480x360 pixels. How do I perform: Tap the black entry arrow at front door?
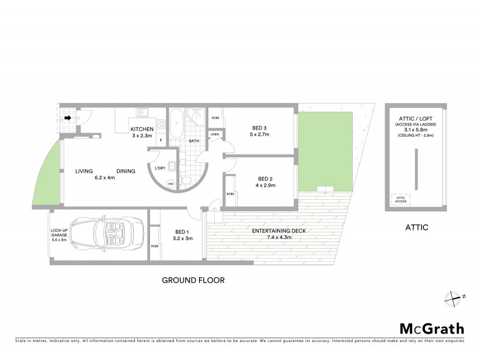click(x=68, y=118)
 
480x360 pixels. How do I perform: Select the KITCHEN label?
click(x=142, y=130)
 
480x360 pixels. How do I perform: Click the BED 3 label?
click(x=259, y=128)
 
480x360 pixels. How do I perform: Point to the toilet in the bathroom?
click(x=186, y=180)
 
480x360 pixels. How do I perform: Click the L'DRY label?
click(x=160, y=169)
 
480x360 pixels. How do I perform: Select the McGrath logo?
click(x=431, y=328)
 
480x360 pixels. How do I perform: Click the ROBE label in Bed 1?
click(x=155, y=246)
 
